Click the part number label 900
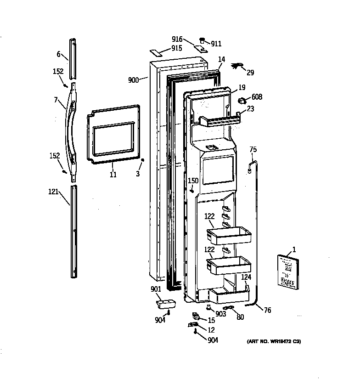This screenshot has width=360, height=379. (x=133, y=80)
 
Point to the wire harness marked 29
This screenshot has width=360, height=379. (x=237, y=67)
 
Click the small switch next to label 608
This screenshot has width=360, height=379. (x=242, y=100)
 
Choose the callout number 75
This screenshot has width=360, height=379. (x=253, y=149)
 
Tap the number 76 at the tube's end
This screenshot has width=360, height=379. (x=267, y=311)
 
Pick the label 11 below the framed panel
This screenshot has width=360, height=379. (x=113, y=175)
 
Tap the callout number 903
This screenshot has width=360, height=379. (x=220, y=314)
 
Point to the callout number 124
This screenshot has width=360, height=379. (x=247, y=277)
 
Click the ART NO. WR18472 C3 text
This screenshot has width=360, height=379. (x=274, y=341)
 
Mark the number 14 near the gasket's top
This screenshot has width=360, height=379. (x=221, y=59)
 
